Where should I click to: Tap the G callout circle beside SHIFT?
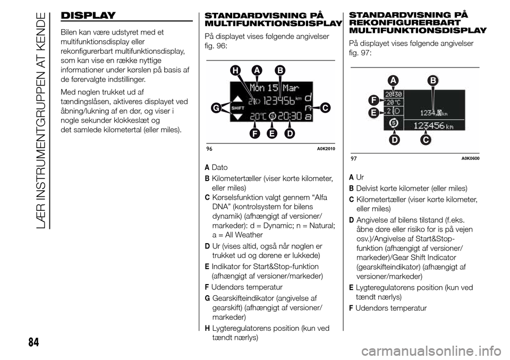[x=215, y=108]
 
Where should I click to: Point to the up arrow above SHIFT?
[x=237, y=99]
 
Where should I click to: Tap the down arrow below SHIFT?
[x=237, y=116]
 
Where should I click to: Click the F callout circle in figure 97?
[x=374, y=100]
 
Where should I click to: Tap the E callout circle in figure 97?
[x=374, y=113]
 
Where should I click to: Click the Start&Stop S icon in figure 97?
[x=394, y=124]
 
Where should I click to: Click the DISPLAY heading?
[x=87, y=15]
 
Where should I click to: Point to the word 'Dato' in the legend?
[x=219, y=167]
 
